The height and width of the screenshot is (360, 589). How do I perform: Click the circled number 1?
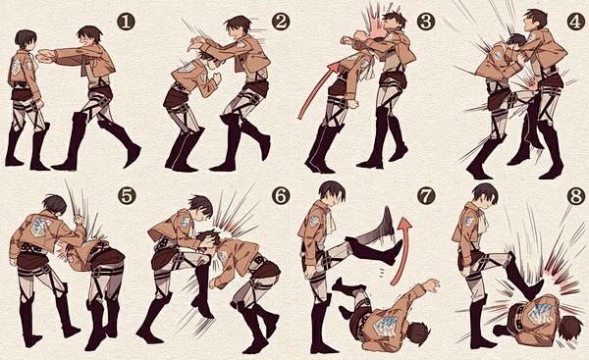(126, 23)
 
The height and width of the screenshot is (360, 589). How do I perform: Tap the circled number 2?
(281, 23)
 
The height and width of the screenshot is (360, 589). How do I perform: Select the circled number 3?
(426, 23)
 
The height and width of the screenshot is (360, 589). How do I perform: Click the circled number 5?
(127, 196)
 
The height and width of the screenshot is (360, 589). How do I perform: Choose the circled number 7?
(426, 196)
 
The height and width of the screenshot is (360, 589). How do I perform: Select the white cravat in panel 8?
(483, 220)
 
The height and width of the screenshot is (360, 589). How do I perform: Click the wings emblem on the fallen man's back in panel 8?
(542, 311)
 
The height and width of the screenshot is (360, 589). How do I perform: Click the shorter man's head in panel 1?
(26, 40)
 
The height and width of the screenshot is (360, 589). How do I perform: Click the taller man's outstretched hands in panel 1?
(45, 57)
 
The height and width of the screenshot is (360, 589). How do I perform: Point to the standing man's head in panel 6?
(200, 208)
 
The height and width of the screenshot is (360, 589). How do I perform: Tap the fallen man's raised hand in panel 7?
(431, 285)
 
